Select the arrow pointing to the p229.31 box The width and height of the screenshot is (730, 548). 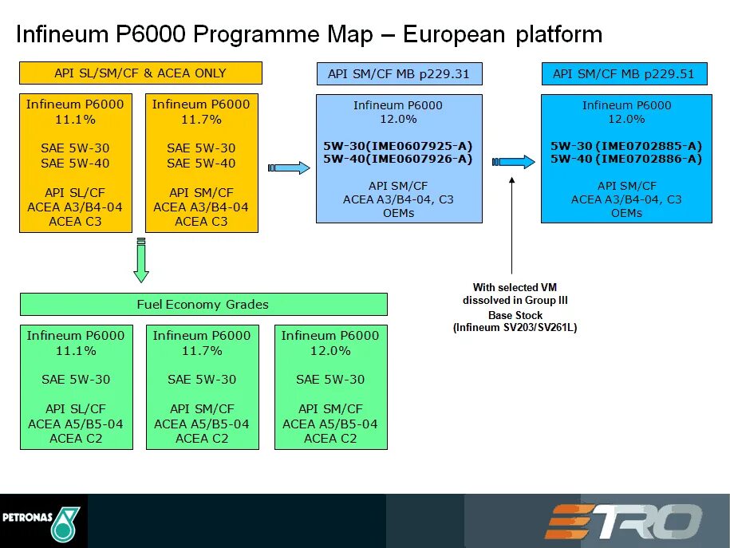point(288,168)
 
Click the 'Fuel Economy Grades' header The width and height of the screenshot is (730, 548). point(203,304)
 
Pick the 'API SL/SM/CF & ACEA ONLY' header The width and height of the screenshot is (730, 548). point(140,73)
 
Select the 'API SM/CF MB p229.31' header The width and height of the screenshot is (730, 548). point(399,74)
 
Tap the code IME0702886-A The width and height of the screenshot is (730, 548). point(648,159)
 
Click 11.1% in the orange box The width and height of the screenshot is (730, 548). point(75,119)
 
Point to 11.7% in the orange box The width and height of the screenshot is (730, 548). point(201,119)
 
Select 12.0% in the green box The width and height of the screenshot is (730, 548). point(330,350)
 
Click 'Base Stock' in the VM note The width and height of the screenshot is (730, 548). point(515,315)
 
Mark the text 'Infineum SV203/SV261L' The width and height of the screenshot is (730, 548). point(515,327)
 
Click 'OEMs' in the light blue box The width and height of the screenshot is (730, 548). point(399,213)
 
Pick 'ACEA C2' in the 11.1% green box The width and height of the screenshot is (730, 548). point(76,438)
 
